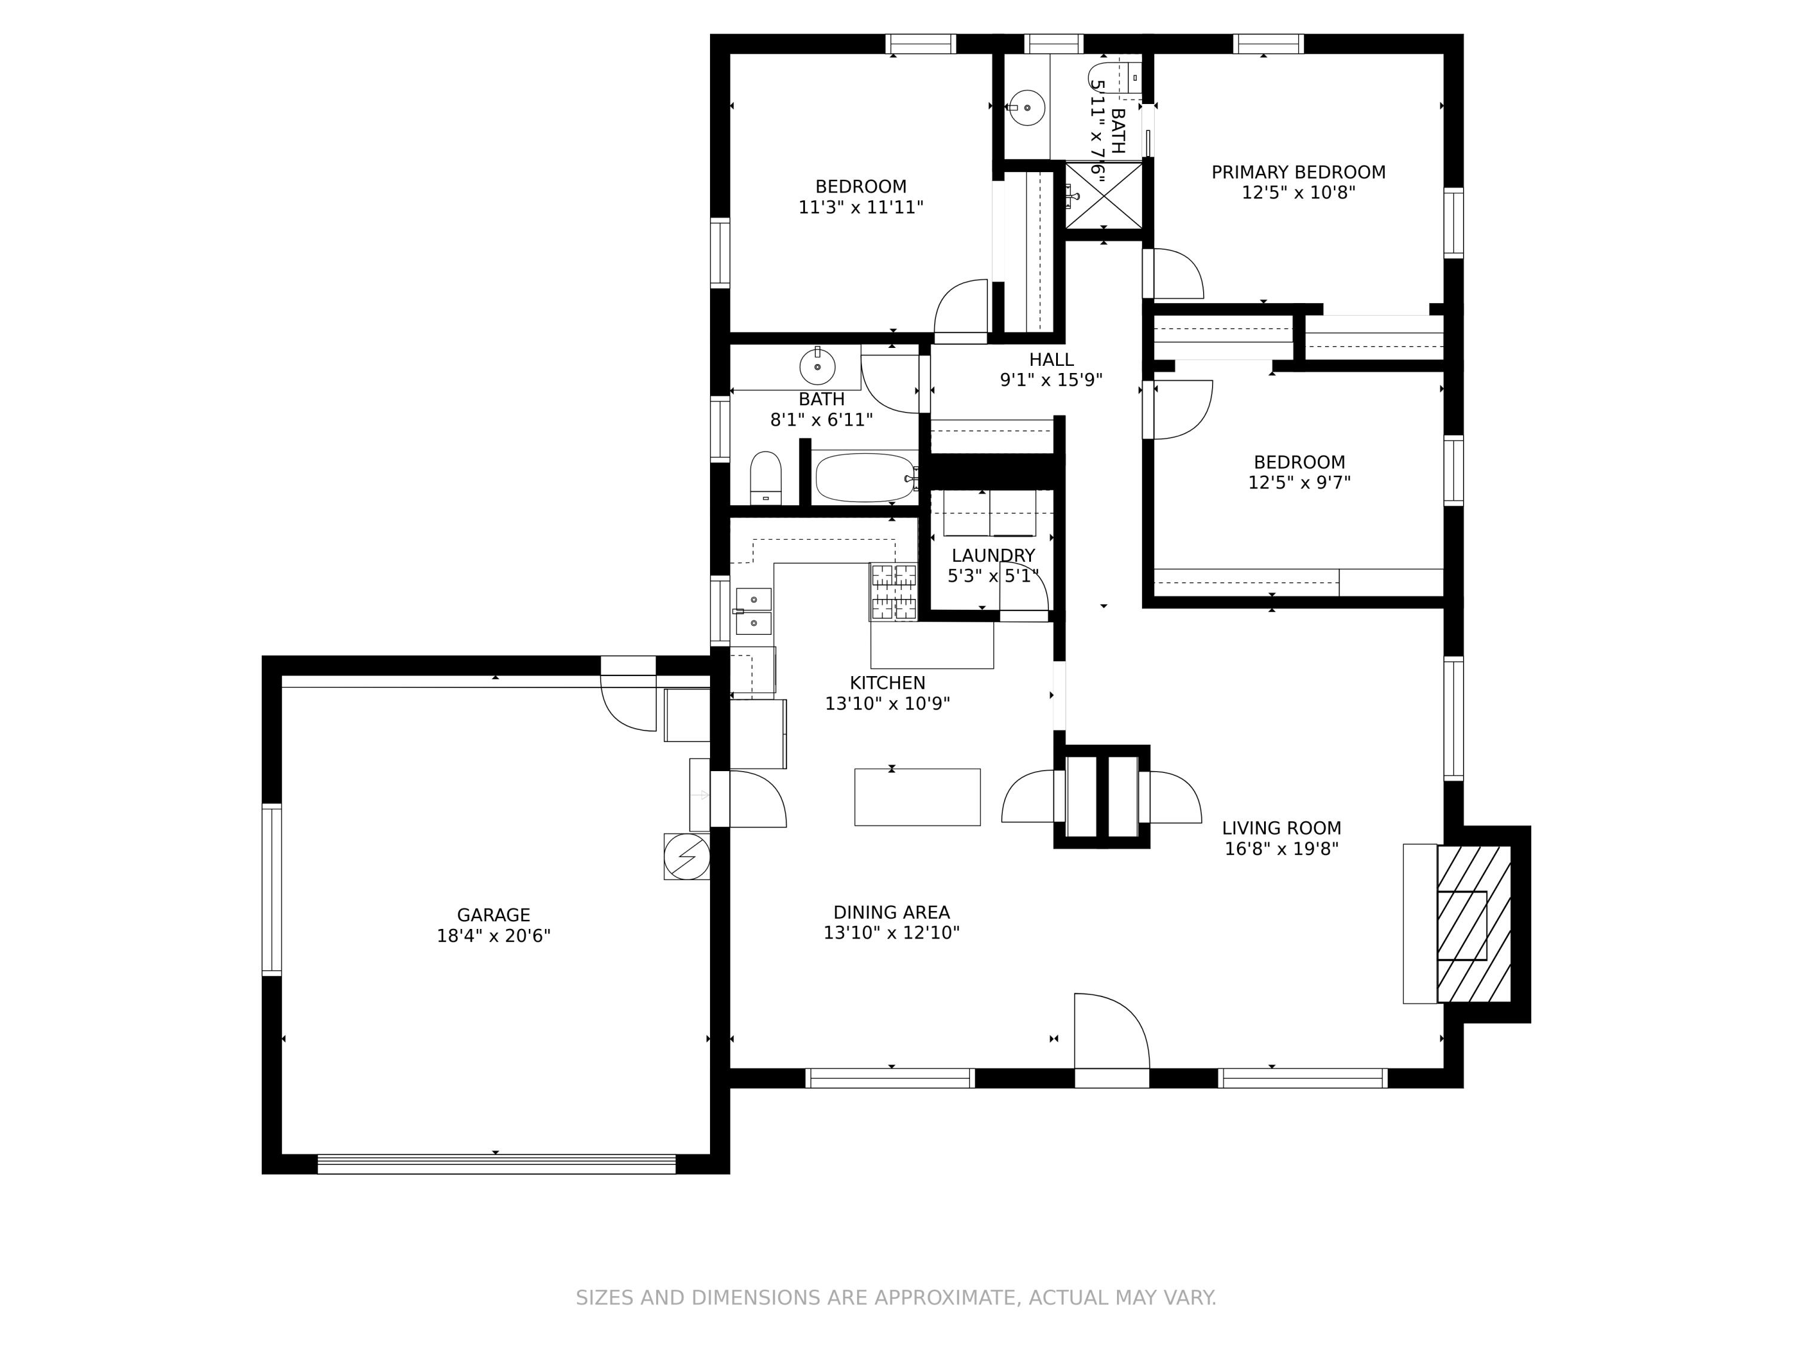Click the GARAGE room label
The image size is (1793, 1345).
point(493,915)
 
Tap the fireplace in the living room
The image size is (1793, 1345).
point(1474,924)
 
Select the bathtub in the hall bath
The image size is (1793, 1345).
point(865,478)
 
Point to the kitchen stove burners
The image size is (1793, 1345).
point(894,592)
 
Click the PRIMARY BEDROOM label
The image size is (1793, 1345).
point(1299,172)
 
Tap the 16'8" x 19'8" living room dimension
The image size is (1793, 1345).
point(1281,849)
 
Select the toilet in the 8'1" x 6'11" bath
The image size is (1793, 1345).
point(765,478)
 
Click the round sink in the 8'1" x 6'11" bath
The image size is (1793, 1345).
point(817,367)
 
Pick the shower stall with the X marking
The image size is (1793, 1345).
point(1103,195)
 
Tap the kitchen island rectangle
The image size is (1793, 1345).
point(917,797)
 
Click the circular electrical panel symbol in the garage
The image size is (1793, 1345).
point(687,856)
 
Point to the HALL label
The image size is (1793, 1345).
point(1051,359)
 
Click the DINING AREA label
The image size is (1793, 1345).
point(892,912)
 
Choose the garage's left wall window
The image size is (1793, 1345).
point(271,889)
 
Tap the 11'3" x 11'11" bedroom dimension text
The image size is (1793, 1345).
point(861,207)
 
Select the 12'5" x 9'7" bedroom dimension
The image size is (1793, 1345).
point(1299,482)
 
